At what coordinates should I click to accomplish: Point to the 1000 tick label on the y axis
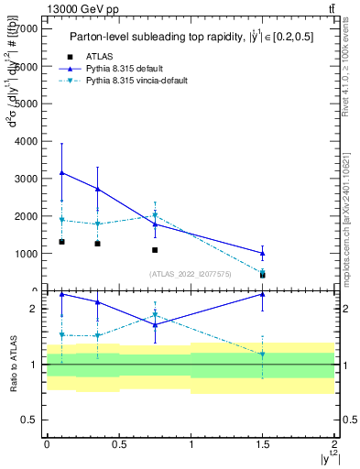26,254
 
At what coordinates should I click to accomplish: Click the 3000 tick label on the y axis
26,179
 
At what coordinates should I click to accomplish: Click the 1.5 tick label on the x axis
263,444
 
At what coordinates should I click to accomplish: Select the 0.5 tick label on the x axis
118,444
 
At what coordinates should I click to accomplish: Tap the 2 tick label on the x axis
335,444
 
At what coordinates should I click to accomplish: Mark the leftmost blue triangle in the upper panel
61,172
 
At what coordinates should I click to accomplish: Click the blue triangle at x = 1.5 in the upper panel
263,253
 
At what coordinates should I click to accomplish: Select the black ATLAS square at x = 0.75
155,250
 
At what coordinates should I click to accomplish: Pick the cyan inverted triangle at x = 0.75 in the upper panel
155,216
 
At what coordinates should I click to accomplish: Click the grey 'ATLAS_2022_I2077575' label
191,274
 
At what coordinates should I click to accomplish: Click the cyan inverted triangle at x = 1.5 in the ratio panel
263,354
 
